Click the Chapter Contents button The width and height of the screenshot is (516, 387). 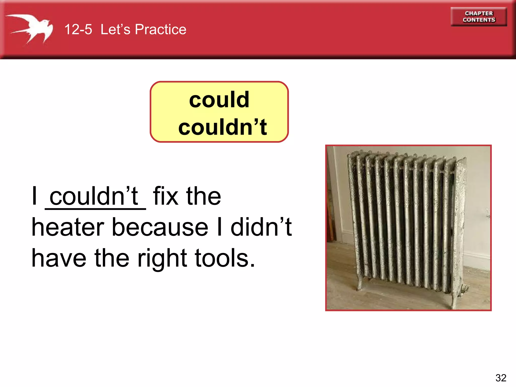[479, 17]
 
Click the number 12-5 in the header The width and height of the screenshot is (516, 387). [78, 29]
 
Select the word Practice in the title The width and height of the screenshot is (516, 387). [160, 29]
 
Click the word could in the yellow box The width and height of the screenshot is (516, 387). [219, 100]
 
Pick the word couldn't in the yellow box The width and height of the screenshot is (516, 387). [222, 127]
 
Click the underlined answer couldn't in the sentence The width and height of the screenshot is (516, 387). [94, 196]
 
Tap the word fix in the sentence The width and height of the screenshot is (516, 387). [166, 196]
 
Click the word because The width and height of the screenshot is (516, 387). [160, 227]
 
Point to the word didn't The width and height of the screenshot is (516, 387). [261, 227]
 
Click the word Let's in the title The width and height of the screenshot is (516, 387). [115, 29]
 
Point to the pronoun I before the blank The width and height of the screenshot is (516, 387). [35, 196]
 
